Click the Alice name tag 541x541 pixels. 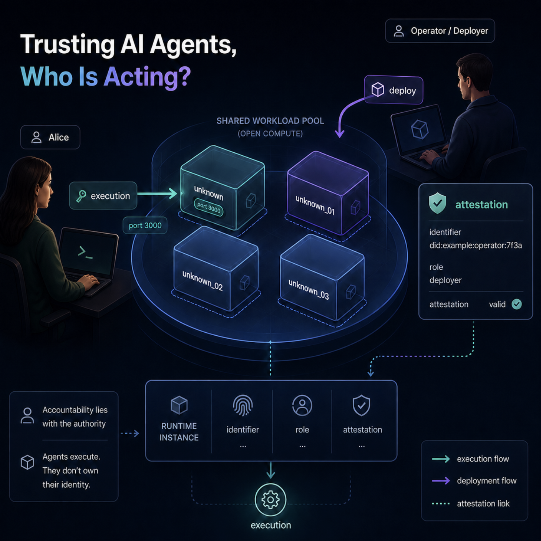tap(50, 137)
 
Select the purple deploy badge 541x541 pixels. tap(394, 90)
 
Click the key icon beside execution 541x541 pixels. tap(81, 196)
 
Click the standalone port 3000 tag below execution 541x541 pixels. tap(145, 226)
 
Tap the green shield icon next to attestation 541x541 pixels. tap(438, 203)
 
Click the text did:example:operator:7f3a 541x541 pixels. tap(475, 246)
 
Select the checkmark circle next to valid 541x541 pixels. tap(516, 304)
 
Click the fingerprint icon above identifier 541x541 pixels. tap(243, 406)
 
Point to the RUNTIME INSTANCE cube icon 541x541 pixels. tap(179, 405)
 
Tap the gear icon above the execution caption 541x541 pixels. tap(270, 500)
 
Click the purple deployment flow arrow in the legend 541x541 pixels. tap(441, 481)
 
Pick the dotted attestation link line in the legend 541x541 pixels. tap(441, 504)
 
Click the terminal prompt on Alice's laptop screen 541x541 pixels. tap(85, 252)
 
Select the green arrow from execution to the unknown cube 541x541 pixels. tap(157, 193)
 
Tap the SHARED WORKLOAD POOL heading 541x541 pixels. tap(270, 121)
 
